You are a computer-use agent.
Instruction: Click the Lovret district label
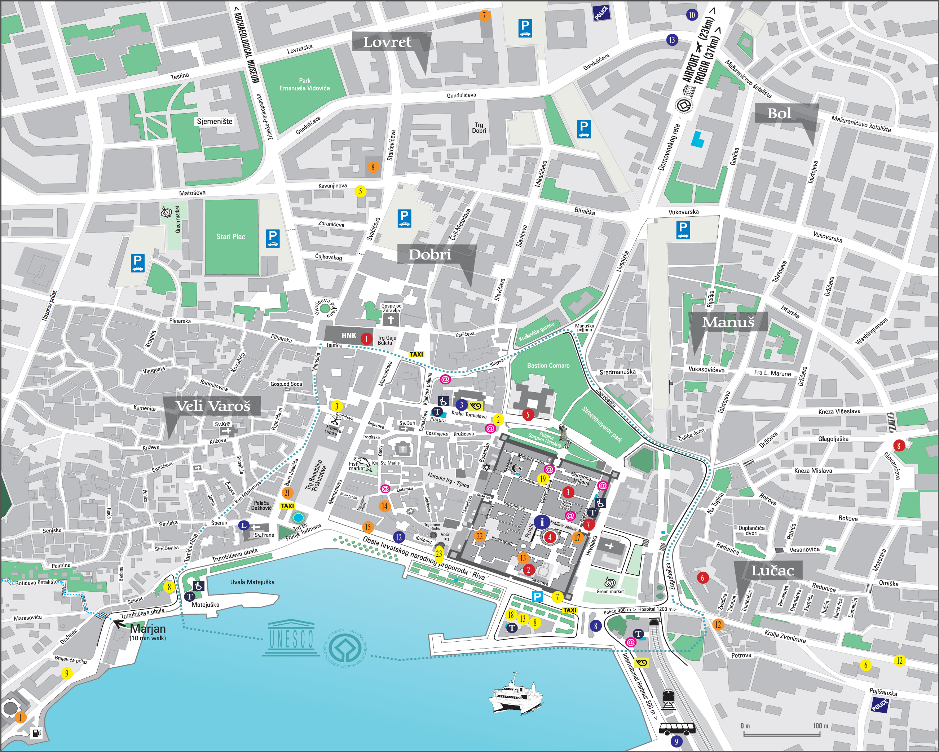pos(387,42)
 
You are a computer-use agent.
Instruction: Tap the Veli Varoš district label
pos(213,406)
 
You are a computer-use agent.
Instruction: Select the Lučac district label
pos(772,570)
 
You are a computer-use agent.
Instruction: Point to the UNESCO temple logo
pos(291,638)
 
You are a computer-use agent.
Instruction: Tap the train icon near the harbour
pos(668,699)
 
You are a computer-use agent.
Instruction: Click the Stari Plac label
pos(230,236)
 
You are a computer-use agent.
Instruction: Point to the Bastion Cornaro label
pos(548,365)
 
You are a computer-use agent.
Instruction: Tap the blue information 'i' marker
pos(542,521)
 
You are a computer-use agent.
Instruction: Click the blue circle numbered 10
pos(692,15)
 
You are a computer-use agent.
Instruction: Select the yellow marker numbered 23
pos(438,553)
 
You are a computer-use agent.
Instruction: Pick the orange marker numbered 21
pos(287,493)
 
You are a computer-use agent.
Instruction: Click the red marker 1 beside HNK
pos(366,339)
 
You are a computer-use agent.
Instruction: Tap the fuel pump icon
pos(36,733)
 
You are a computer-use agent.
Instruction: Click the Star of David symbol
pos(486,468)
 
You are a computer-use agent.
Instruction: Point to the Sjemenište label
pos(215,121)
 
